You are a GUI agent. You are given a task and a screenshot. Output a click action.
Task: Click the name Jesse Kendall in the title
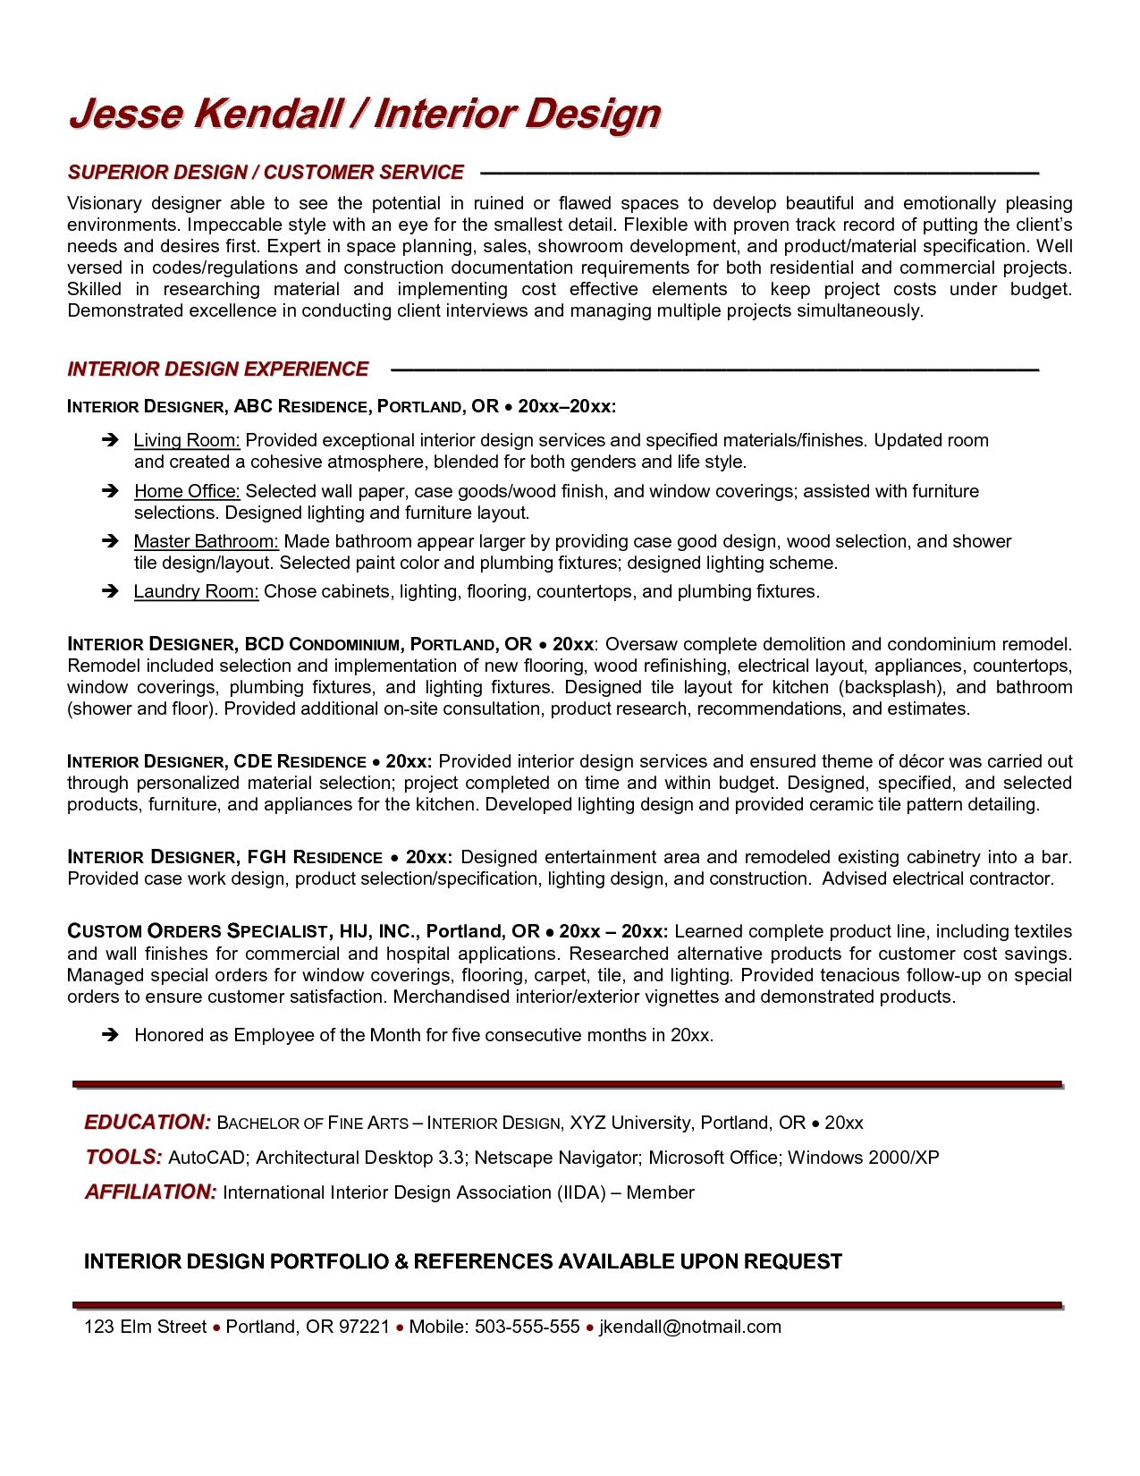(x=206, y=115)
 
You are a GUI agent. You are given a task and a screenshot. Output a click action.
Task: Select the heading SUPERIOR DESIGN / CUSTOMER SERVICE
(x=266, y=172)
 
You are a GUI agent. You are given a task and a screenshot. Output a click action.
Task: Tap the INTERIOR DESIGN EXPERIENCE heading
(x=218, y=369)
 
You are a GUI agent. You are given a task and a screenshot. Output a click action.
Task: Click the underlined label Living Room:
(x=187, y=440)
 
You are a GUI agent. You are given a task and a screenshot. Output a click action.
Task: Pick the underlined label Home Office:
(x=187, y=491)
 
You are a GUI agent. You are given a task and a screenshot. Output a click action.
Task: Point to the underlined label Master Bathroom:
(x=207, y=541)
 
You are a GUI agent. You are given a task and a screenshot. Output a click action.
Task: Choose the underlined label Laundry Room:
(x=196, y=591)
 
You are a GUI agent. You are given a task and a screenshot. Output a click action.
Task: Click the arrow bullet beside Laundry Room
(x=110, y=591)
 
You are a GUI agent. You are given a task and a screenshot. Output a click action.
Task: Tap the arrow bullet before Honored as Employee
(x=110, y=1035)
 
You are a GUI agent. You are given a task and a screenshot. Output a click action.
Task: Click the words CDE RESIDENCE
(x=300, y=761)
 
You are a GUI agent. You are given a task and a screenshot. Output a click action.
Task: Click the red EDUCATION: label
(x=148, y=1122)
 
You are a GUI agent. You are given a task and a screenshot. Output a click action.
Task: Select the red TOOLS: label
(x=123, y=1157)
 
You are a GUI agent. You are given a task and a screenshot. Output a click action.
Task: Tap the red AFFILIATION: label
(x=150, y=1192)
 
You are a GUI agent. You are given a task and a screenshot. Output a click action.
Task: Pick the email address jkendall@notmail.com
(x=689, y=1327)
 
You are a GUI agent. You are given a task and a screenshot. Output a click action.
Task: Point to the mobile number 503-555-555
(x=528, y=1327)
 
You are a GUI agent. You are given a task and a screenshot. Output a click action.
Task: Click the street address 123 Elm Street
(x=145, y=1327)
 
